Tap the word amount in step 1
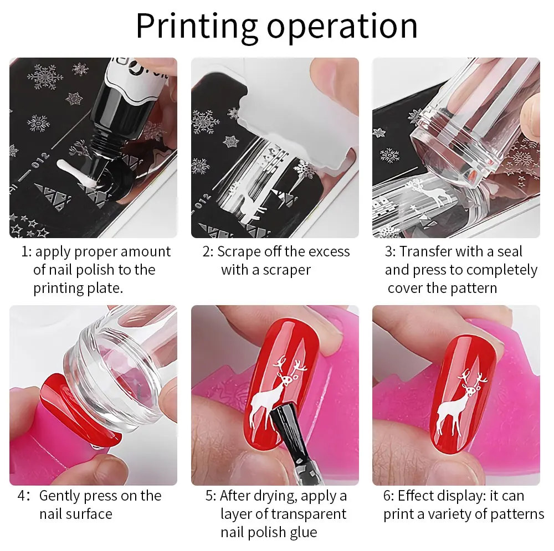[146, 251]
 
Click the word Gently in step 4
[59, 496]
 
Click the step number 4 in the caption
[22, 496]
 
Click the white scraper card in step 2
[297, 127]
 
